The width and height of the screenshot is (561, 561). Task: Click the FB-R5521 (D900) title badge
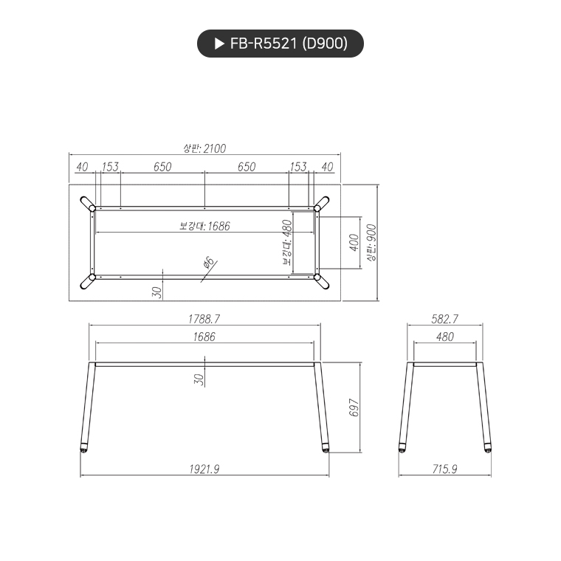point(280,44)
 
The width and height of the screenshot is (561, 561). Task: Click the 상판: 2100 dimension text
point(204,148)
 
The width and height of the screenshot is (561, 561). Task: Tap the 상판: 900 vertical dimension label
point(371,242)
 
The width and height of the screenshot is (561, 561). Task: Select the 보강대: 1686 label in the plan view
point(204,226)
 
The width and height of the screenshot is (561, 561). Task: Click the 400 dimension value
point(354,242)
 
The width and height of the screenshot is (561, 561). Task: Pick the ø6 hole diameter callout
point(208,262)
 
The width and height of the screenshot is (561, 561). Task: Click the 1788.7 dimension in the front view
point(204,319)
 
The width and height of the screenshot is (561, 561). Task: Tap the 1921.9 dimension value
point(204,469)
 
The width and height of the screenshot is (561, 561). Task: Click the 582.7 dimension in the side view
point(444,319)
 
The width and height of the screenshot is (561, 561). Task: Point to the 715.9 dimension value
point(444,469)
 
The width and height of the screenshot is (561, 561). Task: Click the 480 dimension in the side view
point(444,337)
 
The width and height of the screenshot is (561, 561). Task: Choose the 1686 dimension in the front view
point(204,337)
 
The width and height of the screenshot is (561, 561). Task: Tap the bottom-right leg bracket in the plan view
point(322,280)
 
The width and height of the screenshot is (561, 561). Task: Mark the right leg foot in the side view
point(487,447)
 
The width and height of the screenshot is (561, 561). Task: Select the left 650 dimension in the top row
point(162,167)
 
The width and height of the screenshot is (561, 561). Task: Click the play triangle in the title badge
point(218,44)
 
